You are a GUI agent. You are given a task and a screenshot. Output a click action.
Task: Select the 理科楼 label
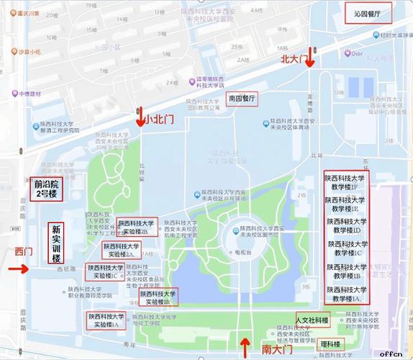click(330, 343)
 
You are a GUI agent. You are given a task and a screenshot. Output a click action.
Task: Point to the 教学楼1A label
click(346, 294)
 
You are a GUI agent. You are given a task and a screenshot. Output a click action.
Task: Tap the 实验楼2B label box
click(136, 228)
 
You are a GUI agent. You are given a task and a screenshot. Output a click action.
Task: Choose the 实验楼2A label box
click(122, 250)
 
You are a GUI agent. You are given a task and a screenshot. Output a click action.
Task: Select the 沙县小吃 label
click(29, 53)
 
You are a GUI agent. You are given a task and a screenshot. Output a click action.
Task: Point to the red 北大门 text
click(293, 61)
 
